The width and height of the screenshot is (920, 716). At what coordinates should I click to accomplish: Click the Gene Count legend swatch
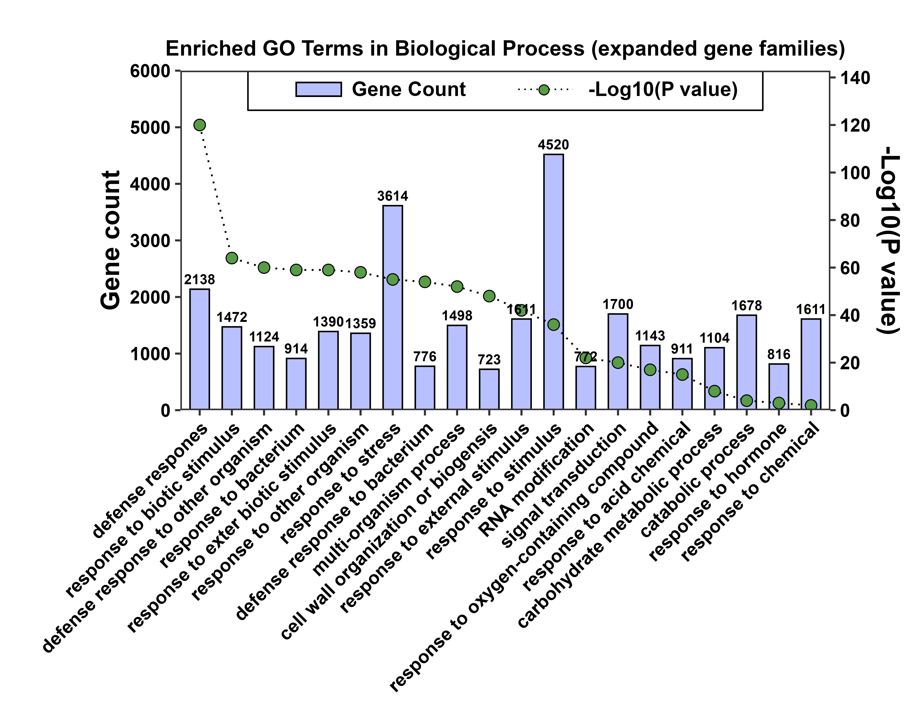pos(318,89)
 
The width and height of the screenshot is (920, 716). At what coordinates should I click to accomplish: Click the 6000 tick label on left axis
pos(150,71)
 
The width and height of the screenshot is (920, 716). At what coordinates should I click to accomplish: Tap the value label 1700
pos(618,304)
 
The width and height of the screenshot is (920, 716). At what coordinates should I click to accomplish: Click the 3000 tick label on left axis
pos(150,241)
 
